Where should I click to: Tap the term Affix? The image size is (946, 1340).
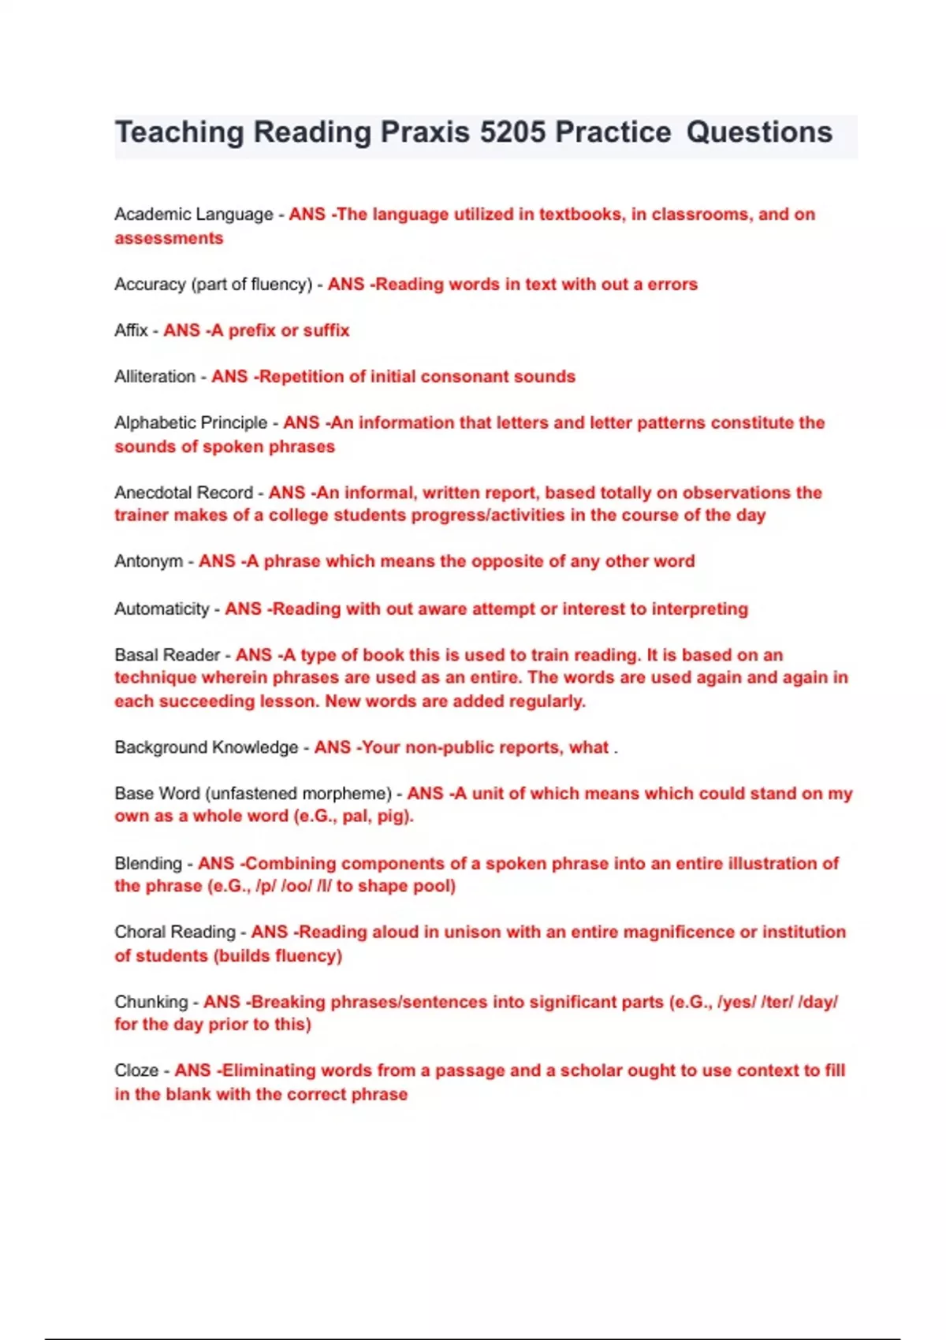pyautogui.click(x=131, y=330)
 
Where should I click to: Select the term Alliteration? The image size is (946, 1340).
pyautogui.click(x=155, y=377)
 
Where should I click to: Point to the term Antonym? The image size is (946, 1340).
pyautogui.click(x=149, y=561)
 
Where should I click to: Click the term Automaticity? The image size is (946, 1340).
pyautogui.click(x=162, y=609)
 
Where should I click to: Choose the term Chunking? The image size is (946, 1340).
pyautogui.click(x=151, y=1002)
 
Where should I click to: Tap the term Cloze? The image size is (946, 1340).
pyautogui.click(x=136, y=1070)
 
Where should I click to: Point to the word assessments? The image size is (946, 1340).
pyautogui.click(x=169, y=238)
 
